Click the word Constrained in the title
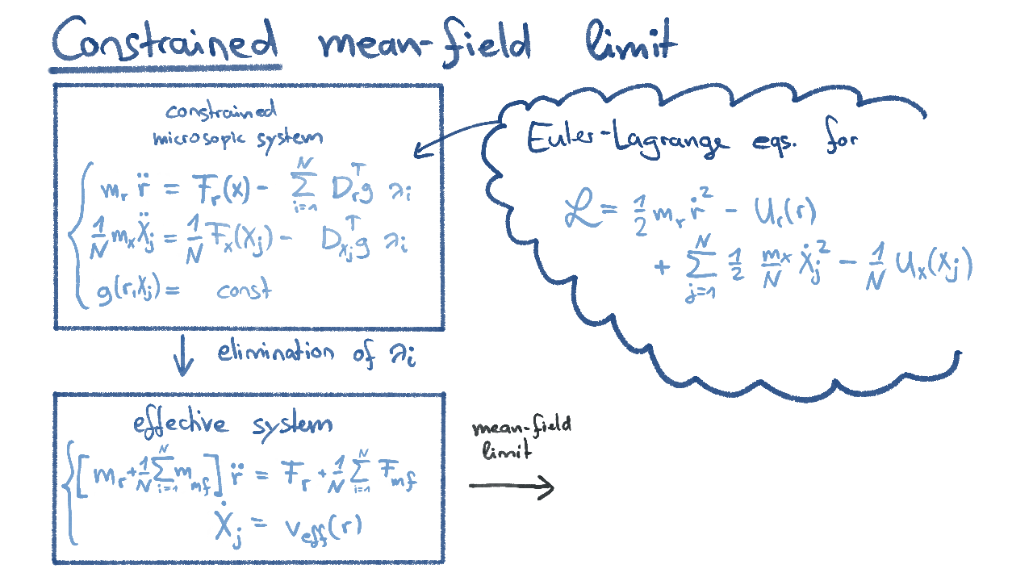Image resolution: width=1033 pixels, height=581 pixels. pos(165,40)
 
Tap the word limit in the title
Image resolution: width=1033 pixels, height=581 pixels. pos(631,40)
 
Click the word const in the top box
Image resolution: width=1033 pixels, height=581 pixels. pos(244,289)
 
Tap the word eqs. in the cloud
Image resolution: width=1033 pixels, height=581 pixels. pos(774,143)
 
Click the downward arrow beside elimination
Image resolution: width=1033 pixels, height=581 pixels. pos(183,355)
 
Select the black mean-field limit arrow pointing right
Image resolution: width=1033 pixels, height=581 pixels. pos(512,487)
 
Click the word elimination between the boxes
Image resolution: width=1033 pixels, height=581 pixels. pos(276,353)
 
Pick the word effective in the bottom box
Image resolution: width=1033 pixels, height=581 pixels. pos(180,424)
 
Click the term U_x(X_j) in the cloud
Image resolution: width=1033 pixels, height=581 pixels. pos(934,265)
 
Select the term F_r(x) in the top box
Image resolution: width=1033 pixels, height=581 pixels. pos(220,189)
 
